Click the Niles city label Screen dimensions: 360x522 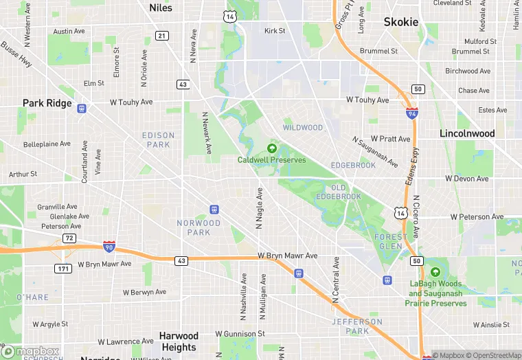161,8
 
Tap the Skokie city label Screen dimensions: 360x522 401,22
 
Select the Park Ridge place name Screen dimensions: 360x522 47,103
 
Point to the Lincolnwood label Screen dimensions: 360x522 467,133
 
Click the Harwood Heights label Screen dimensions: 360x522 179,341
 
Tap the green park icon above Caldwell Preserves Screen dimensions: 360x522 272,148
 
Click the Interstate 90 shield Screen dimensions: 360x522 109,245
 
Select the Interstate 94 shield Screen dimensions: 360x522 411,114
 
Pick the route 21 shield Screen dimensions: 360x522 161,36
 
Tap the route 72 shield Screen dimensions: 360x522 69,238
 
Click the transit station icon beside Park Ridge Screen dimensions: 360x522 82,108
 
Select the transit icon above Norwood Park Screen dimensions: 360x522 214,209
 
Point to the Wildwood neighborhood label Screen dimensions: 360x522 303,128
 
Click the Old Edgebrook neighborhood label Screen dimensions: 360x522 337,192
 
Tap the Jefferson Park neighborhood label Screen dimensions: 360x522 357,326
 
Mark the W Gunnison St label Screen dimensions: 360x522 240,334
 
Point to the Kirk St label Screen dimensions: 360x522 275,31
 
